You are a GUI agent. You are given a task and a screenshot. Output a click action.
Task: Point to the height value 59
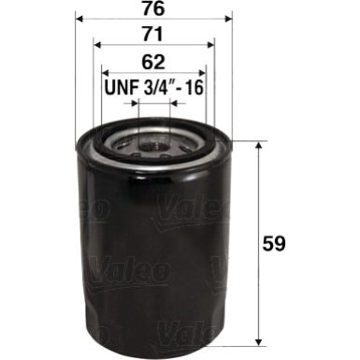click(275, 241)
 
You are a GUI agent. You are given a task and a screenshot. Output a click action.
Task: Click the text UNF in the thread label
click(117, 89)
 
